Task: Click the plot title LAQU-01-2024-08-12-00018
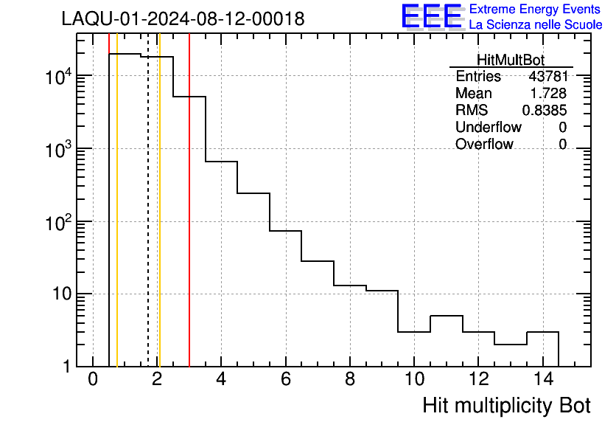(x=183, y=19)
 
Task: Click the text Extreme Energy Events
(x=535, y=10)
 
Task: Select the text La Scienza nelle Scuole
(x=535, y=25)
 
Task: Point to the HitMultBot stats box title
(x=511, y=60)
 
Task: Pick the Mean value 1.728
(x=549, y=94)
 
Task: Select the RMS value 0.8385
(x=545, y=111)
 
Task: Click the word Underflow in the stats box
(x=489, y=127)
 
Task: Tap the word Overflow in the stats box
(x=484, y=144)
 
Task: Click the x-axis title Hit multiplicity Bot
(x=506, y=405)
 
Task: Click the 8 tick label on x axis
(x=349, y=380)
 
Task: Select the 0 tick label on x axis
(x=93, y=380)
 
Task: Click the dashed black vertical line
(x=148, y=221)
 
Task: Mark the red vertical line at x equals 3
(x=189, y=221)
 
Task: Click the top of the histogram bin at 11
(x=446, y=316)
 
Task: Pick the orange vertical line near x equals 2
(x=159, y=221)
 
